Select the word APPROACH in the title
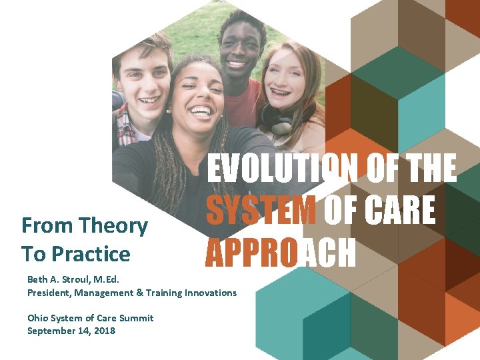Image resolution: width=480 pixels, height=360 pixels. coord(281,253)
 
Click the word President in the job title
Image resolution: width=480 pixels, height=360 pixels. coord(50,292)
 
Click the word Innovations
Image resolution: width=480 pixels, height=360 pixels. coord(211,292)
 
